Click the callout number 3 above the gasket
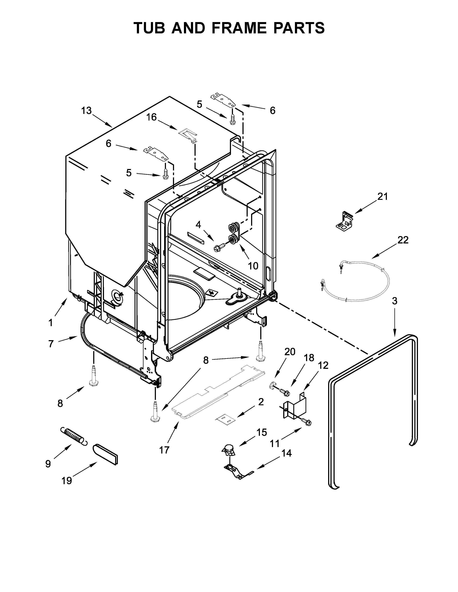tap(395, 301)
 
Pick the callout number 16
tap(151, 117)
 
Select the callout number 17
tap(164, 450)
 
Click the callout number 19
tap(66, 481)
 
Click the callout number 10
tap(253, 266)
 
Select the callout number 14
tap(286, 453)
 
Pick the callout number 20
tap(290, 352)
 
